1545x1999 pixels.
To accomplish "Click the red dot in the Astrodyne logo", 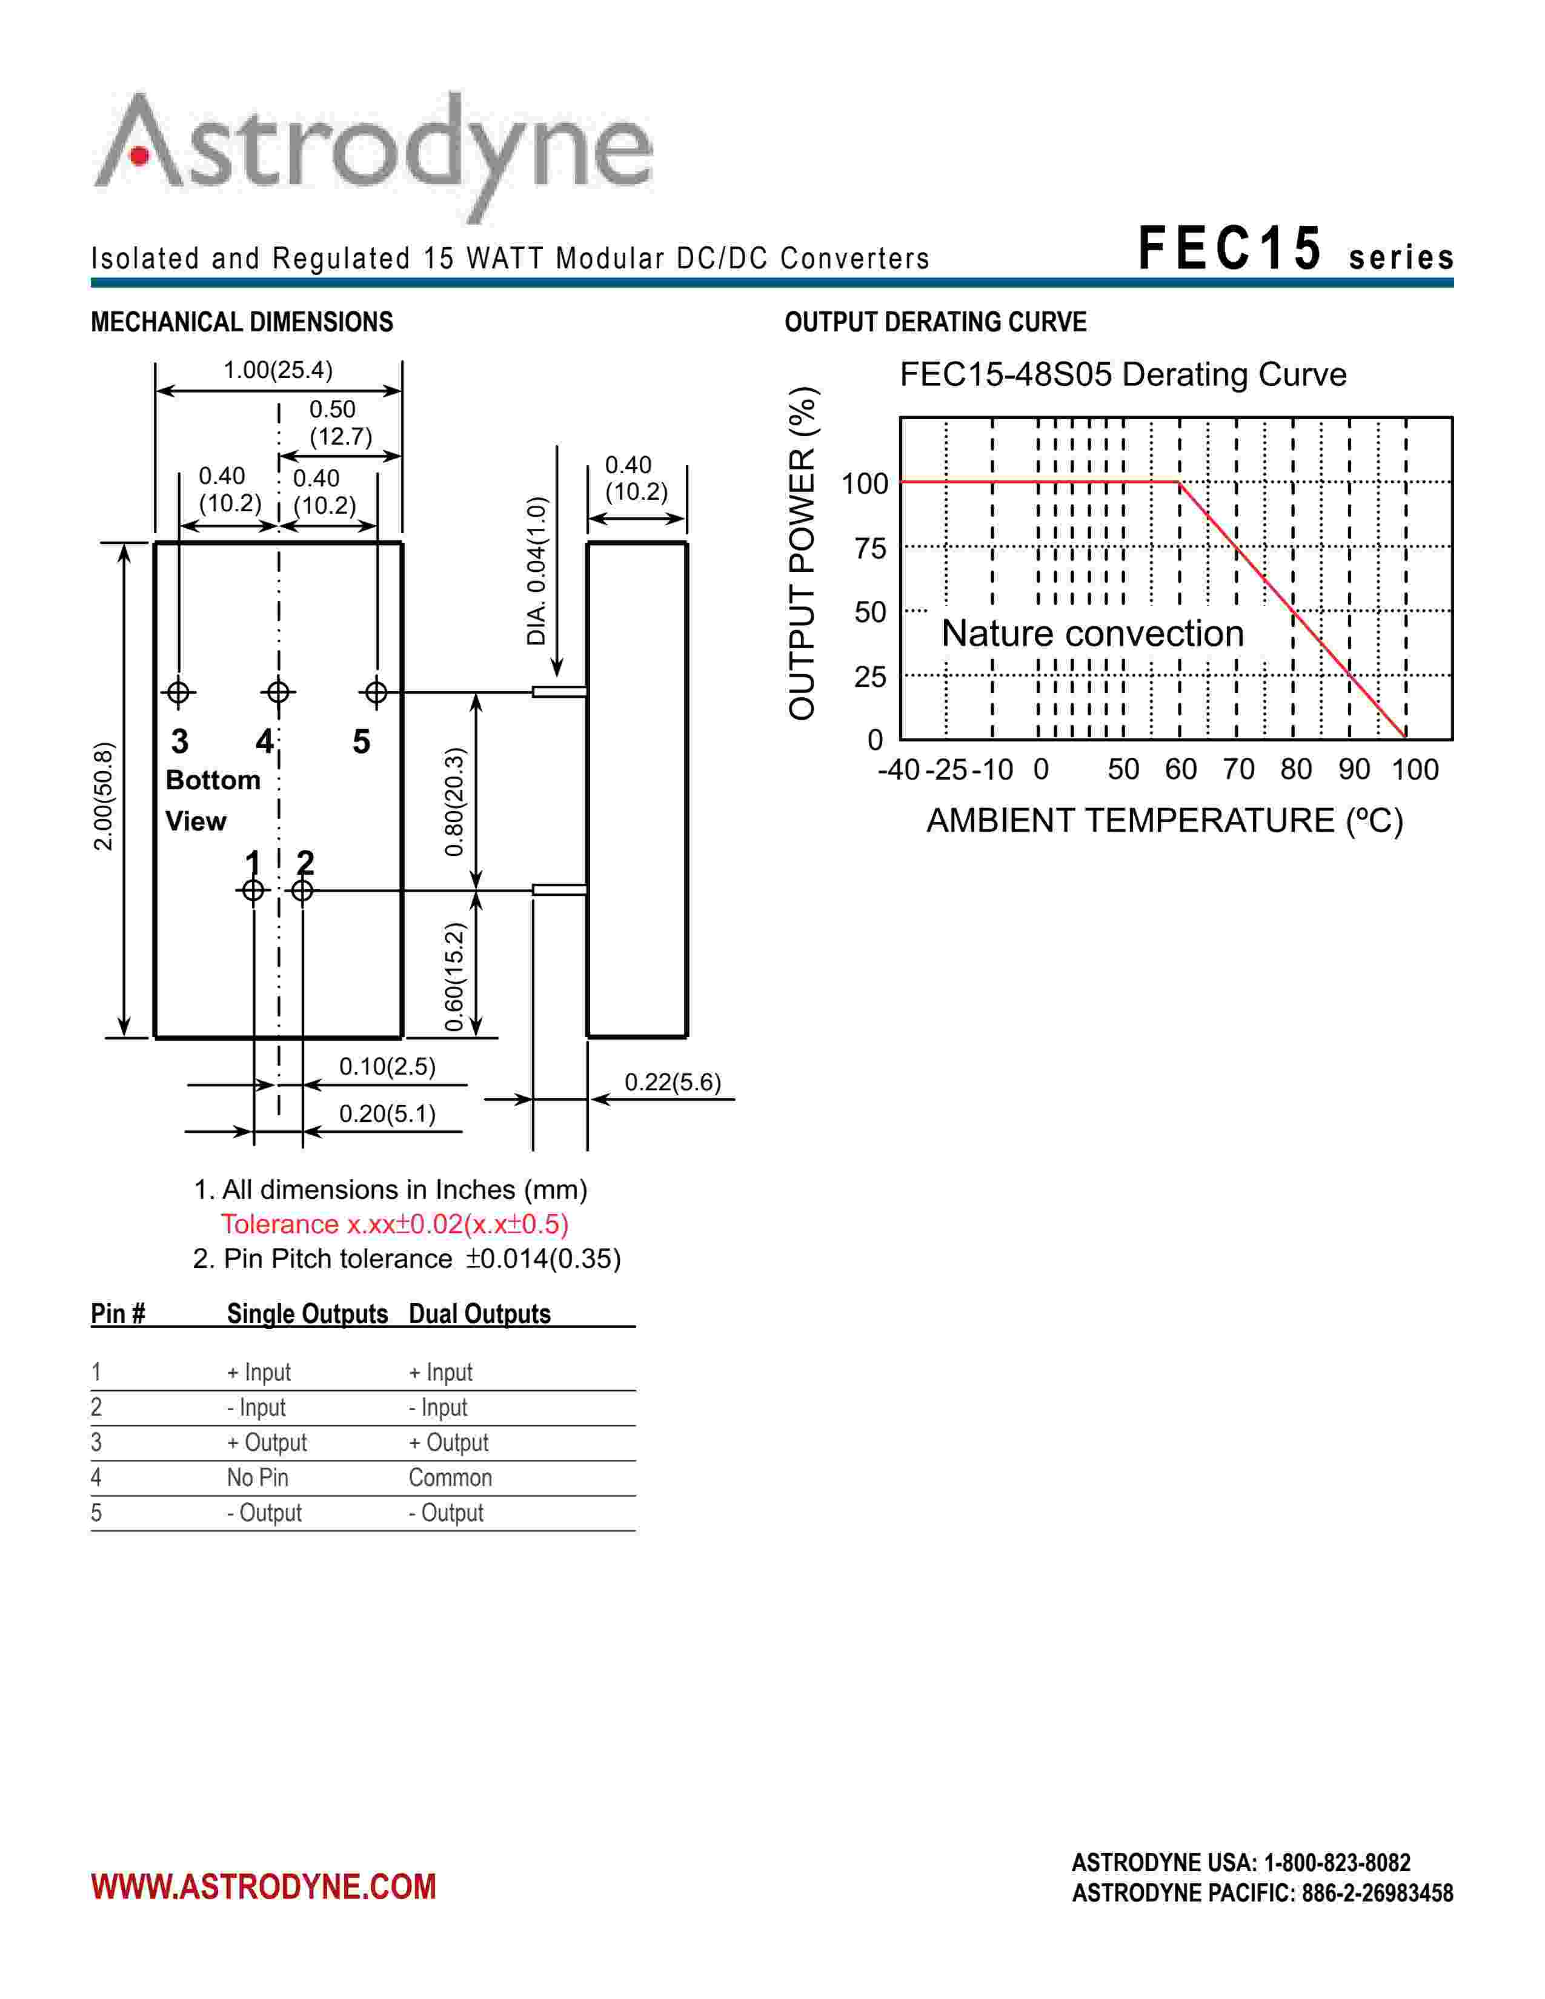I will pos(140,156).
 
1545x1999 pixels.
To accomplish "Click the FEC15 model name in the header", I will pos(1230,249).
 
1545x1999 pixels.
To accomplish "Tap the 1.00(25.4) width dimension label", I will pos(278,370).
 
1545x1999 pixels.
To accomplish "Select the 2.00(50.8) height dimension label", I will pos(104,797).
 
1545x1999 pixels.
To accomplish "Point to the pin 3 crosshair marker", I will pos(179,692).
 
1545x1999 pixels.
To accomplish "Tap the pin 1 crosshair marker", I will pos(253,890).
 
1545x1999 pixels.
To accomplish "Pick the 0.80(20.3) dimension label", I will pos(455,802).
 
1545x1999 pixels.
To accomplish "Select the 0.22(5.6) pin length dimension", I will pos(673,1083).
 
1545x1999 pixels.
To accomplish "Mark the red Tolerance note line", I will pos(394,1224).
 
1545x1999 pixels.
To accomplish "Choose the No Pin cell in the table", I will pos(257,1477).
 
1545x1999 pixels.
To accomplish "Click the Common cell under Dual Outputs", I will pos(450,1477).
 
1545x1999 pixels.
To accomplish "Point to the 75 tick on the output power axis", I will pos(871,548).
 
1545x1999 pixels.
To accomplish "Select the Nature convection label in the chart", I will pos(1093,634).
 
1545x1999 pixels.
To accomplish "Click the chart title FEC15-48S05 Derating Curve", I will pos(1123,374).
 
